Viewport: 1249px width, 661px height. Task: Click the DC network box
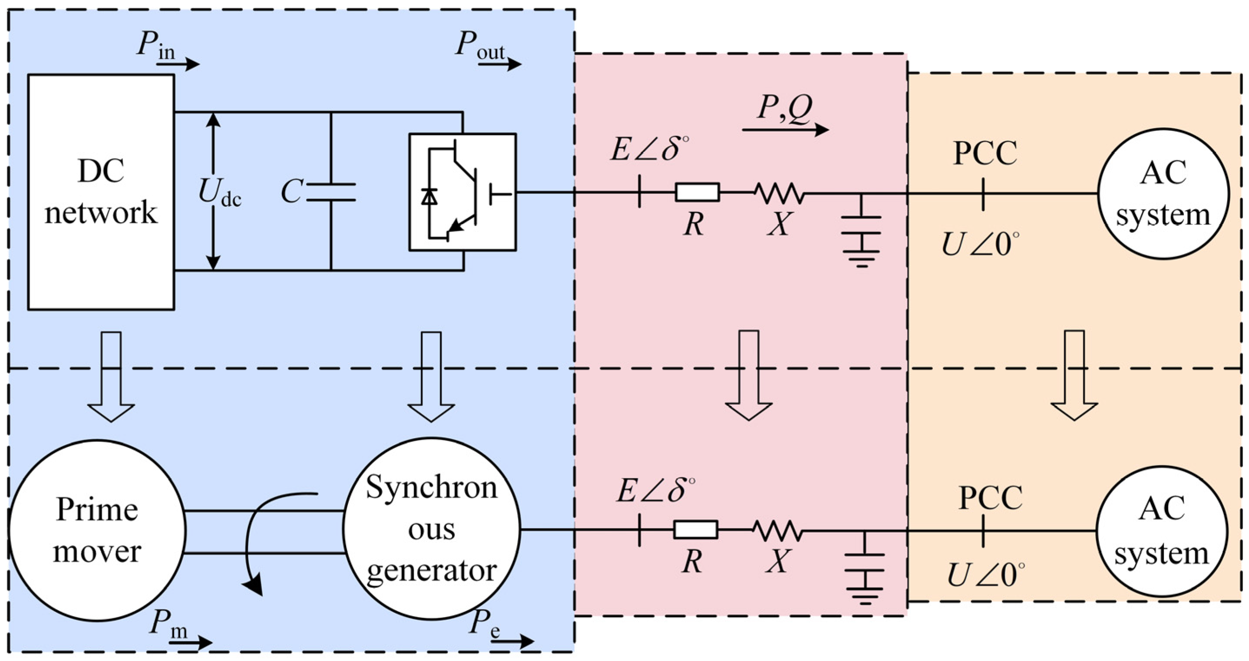pyautogui.click(x=101, y=192)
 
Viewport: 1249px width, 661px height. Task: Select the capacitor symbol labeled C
pyautogui.click(x=331, y=192)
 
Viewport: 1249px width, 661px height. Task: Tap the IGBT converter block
pyautogui.click(x=462, y=192)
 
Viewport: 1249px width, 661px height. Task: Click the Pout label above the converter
pyautogui.click(x=480, y=46)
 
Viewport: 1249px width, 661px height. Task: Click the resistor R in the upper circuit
pyautogui.click(x=697, y=192)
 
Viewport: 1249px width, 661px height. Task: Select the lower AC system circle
pyautogui.click(x=1162, y=532)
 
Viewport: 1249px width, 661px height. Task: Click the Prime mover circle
pyautogui.click(x=97, y=531)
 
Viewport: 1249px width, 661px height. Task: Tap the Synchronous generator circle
pyautogui.click(x=432, y=529)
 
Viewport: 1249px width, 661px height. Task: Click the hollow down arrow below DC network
pyautogui.click(x=111, y=376)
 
